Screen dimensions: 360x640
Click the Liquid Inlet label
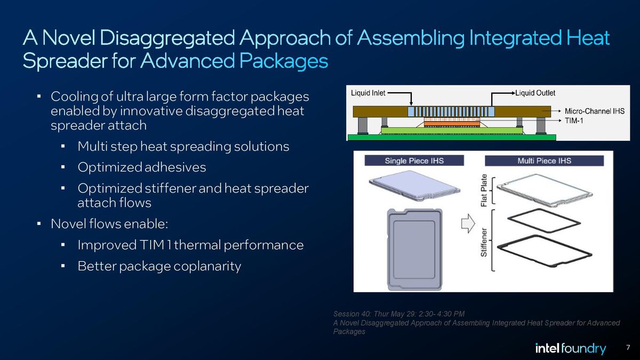(368, 93)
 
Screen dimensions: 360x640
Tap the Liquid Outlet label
(535, 93)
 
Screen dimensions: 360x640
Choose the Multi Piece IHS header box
(544, 161)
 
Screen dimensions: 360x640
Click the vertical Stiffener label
(484, 243)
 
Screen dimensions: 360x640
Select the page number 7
(628, 348)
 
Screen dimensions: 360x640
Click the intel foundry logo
(570, 349)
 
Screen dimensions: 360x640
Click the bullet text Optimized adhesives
(141, 167)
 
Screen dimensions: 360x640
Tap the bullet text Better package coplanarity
(159, 266)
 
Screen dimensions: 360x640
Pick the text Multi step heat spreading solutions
(183, 146)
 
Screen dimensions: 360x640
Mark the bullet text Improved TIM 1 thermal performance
(190, 245)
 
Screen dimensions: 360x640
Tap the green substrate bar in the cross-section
(451, 137)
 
